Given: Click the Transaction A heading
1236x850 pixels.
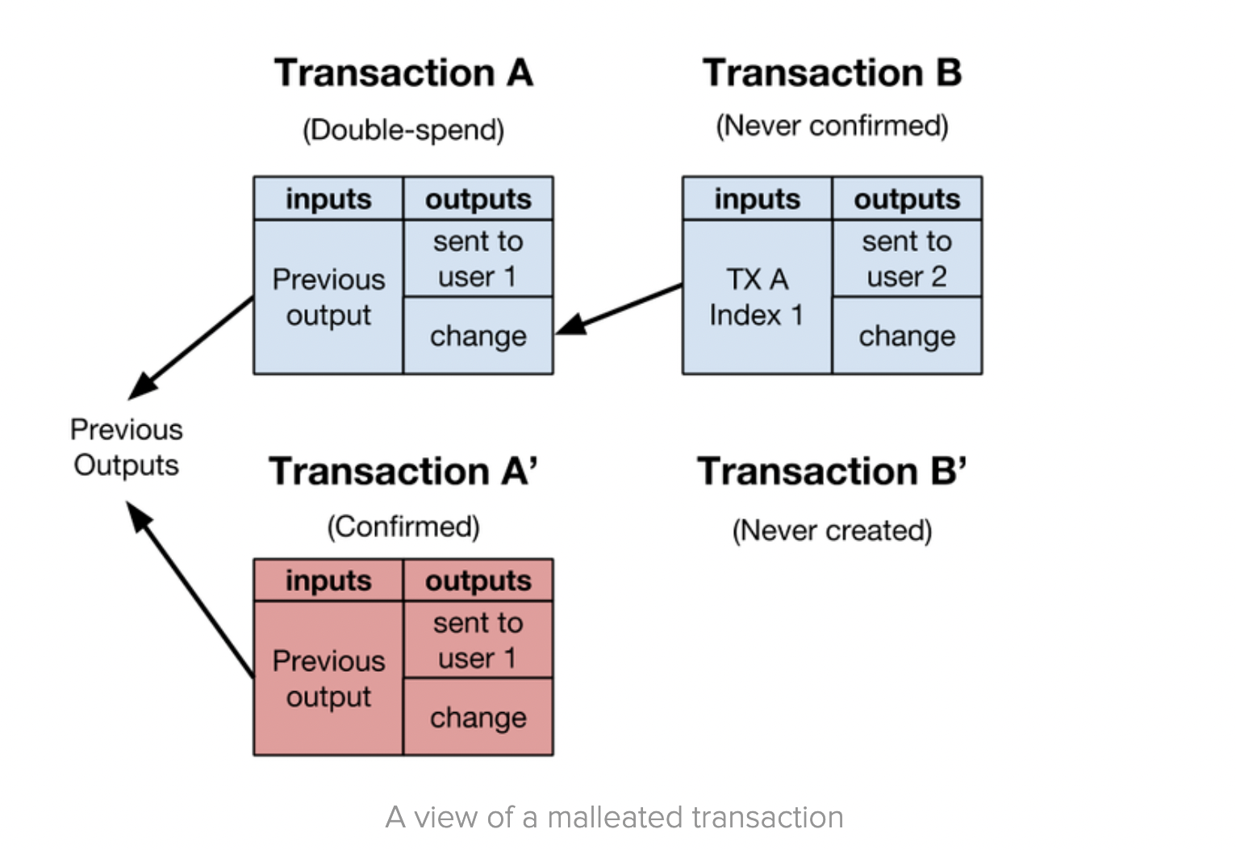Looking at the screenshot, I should [x=403, y=73].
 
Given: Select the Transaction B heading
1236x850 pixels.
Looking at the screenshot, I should [x=832, y=73].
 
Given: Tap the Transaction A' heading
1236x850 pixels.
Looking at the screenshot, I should [x=403, y=472].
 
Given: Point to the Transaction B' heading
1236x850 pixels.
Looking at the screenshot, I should [x=832, y=472].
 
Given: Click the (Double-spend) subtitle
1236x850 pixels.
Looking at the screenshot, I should [x=403, y=130].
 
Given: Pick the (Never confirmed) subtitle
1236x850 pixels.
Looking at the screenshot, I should [x=832, y=126].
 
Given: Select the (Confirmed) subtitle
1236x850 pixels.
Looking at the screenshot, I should [x=403, y=527].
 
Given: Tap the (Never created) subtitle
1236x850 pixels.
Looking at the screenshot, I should [x=832, y=531].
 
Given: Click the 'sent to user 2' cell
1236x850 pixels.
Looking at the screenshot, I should [x=906, y=259].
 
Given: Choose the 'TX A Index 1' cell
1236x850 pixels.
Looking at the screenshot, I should [x=756, y=297].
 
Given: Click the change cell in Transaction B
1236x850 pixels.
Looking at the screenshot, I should [x=906, y=335].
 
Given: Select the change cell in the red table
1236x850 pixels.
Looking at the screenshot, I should [x=478, y=717].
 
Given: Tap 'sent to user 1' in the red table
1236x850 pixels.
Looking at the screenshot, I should [x=478, y=640].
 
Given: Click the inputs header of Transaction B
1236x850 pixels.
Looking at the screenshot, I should [x=756, y=199].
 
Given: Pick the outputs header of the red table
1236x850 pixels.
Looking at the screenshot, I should [x=478, y=581].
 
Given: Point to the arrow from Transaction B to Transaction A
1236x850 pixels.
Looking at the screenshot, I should [x=619, y=309].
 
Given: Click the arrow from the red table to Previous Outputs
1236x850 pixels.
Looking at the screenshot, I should [x=191, y=588].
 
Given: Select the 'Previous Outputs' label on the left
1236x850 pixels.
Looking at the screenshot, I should [x=126, y=448].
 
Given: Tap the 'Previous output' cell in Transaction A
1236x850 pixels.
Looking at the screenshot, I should [x=328, y=297].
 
